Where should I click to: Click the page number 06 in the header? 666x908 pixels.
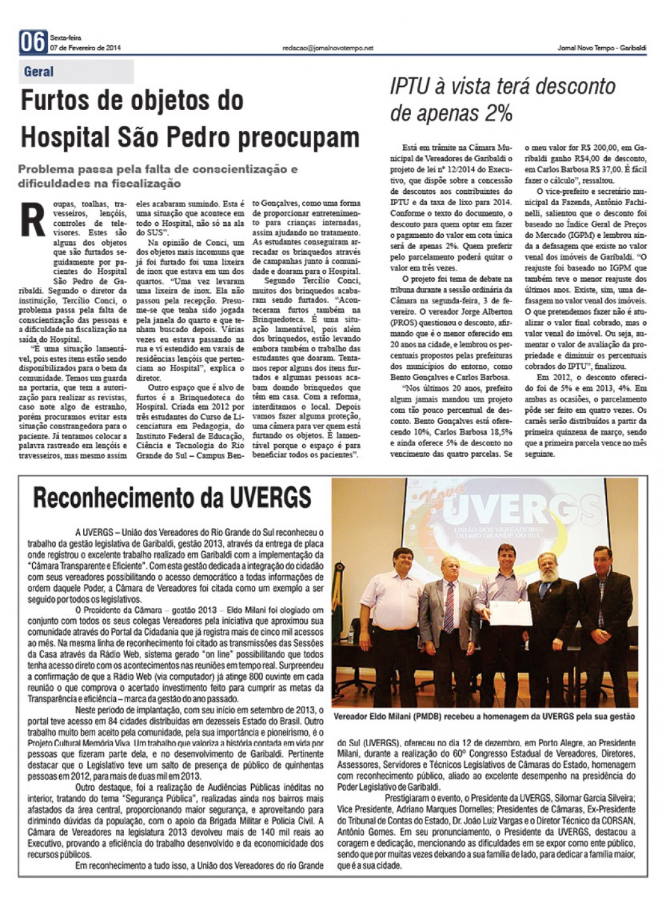pos(33,43)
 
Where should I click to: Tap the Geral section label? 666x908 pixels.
pos(39,72)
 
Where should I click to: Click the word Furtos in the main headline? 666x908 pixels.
pos(57,101)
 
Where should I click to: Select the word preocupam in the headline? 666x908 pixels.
pos(306,137)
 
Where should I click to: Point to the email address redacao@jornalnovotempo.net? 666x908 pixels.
pos(328,48)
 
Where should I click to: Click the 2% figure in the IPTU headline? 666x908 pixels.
pos(497,113)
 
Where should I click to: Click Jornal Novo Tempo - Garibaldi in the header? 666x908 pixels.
pos(602,48)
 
